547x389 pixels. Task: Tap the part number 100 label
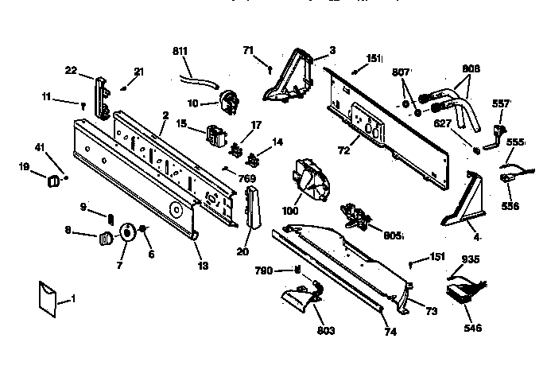click(290, 211)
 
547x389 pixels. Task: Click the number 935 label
click(471, 259)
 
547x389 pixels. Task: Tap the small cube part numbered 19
click(54, 180)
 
